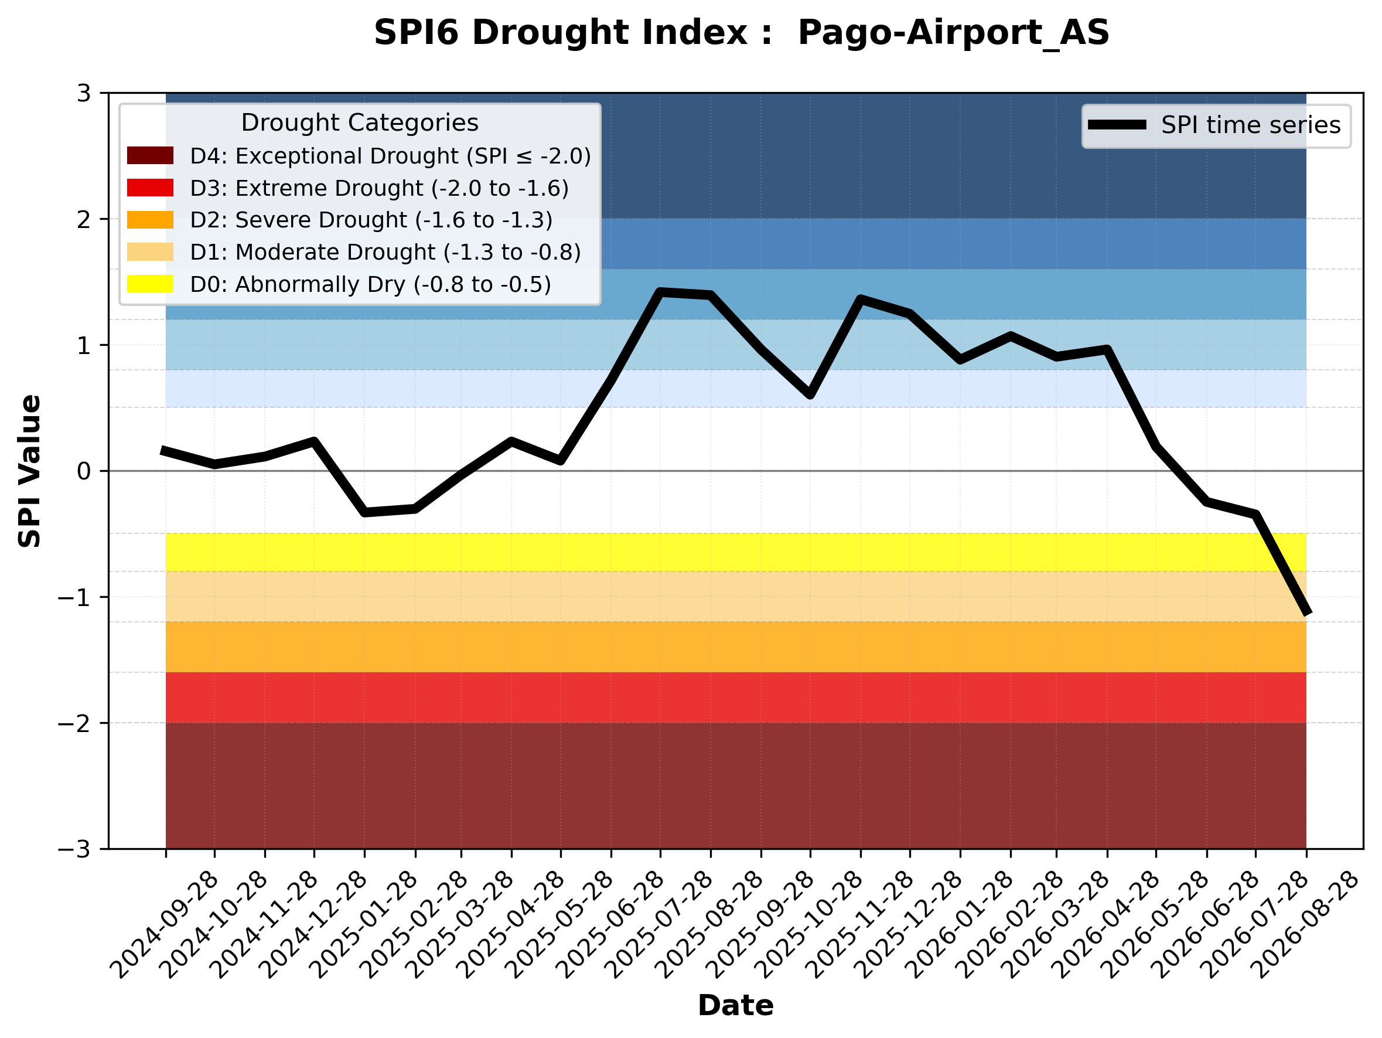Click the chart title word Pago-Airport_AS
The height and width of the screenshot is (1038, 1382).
[x=953, y=32]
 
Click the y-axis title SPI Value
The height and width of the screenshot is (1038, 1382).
[x=29, y=471]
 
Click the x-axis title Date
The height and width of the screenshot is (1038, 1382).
[x=735, y=1006]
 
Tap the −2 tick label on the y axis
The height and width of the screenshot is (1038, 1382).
[x=74, y=723]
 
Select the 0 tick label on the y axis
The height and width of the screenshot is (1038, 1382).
[x=84, y=471]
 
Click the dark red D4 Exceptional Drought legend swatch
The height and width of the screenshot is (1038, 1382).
[x=150, y=155]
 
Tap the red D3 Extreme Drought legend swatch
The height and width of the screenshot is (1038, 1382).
[x=150, y=188]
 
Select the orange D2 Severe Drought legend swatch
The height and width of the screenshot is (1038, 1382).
[x=150, y=220]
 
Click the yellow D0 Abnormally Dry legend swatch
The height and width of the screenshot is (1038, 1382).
[x=150, y=284]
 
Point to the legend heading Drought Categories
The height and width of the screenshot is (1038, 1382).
[x=360, y=122]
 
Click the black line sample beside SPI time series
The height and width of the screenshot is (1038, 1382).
[x=1117, y=125]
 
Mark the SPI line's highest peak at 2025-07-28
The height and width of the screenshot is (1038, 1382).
[x=660, y=292]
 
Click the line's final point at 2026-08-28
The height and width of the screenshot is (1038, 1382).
[x=1306, y=614]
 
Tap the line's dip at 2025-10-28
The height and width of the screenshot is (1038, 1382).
[x=810, y=395]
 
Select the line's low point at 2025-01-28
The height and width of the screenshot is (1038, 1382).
[x=365, y=512]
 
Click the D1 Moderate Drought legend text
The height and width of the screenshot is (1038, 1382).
[x=385, y=252]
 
